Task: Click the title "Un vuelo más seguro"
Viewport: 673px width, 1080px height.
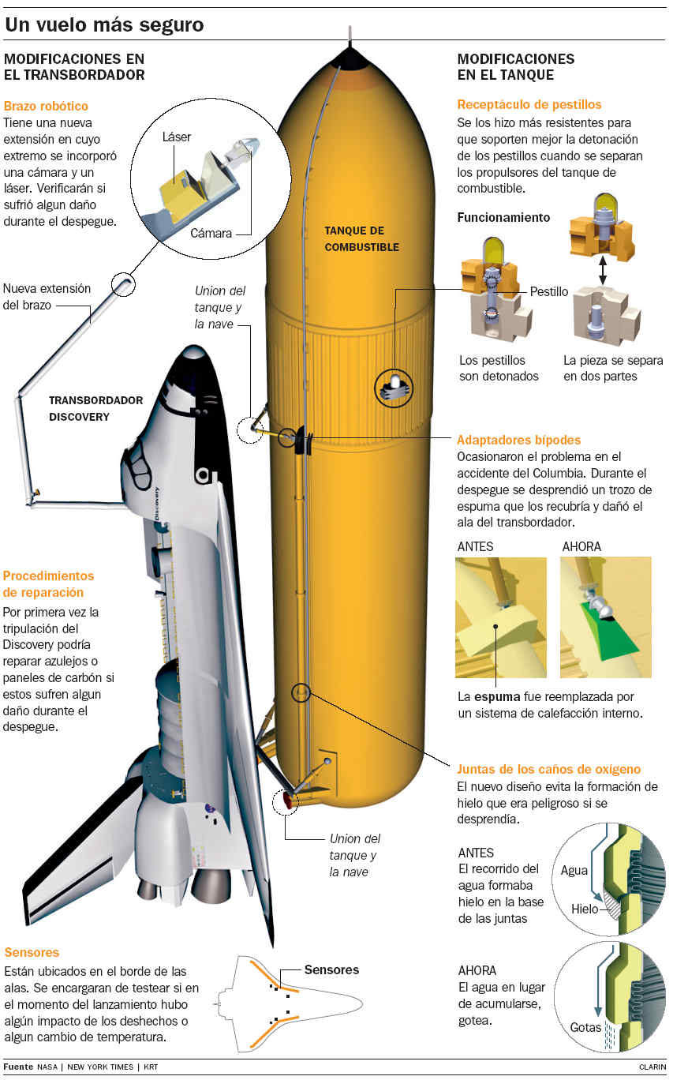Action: pos(104,25)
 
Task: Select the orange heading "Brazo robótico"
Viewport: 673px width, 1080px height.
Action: pos(46,106)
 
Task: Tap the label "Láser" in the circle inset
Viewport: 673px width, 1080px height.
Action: pos(177,137)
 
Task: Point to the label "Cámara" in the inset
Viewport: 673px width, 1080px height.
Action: pos(211,233)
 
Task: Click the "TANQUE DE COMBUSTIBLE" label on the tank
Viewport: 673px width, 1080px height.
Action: pos(361,238)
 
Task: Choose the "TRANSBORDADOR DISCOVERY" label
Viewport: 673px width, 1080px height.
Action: pos(95,408)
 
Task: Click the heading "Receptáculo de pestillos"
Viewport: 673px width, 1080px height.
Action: pos(529,104)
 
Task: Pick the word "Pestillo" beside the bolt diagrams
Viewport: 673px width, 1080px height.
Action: pos(548,291)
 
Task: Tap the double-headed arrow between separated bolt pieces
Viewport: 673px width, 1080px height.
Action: pos(602,270)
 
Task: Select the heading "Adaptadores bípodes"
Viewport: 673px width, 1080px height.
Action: pos(518,440)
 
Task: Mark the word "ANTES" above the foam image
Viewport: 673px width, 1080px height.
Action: pos(476,546)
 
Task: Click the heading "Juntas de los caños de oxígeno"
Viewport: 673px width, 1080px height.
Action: pos(548,769)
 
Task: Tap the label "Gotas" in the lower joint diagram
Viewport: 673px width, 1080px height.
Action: pos(585,1028)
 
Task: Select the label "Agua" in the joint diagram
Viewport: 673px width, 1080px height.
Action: pos(574,871)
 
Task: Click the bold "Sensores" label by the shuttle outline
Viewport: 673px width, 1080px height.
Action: pos(331,969)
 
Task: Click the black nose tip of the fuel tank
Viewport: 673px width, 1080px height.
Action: pos(350,57)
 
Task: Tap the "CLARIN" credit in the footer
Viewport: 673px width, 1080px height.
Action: pos(652,1067)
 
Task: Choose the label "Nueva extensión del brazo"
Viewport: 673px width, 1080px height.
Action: pos(47,296)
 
